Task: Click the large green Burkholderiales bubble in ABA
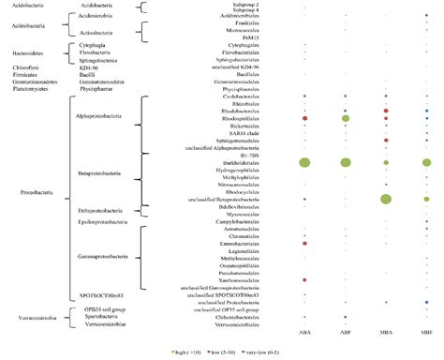(x=304, y=162)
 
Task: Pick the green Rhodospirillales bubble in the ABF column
(x=346, y=119)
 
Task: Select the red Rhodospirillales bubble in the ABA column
(x=304, y=119)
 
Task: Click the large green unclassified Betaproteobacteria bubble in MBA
(x=386, y=199)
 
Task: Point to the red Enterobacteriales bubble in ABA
(x=304, y=243)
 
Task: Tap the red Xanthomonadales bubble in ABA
(x=304, y=279)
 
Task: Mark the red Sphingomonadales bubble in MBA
(x=386, y=141)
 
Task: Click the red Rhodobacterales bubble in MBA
(x=386, y=111)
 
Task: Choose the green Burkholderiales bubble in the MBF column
(x=426, y=162)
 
